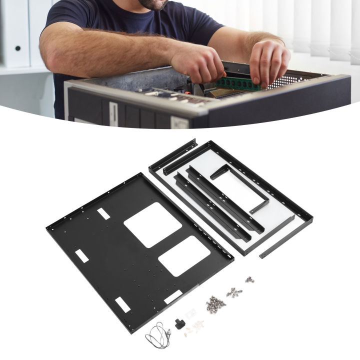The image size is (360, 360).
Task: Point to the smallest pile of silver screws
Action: (248, 279)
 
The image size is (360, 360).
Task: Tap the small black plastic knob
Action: (177, 323)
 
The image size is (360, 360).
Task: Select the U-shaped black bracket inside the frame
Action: (240, 187)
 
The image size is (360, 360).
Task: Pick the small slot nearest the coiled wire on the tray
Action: (122, 303)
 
